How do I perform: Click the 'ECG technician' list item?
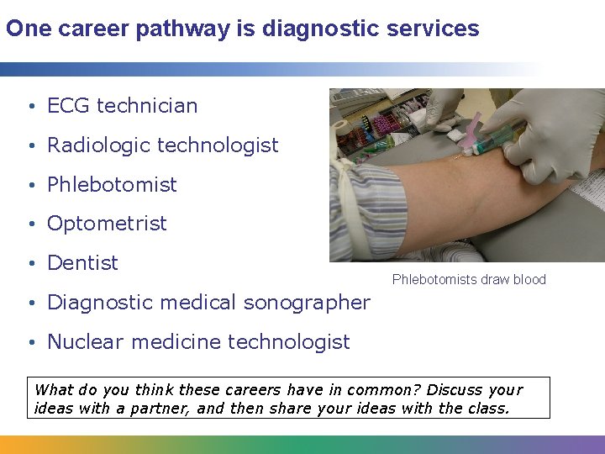[x=122, y=106]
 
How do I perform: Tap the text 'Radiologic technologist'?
[x=162, y=145]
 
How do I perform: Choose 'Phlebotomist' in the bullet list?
[x=112, y=185]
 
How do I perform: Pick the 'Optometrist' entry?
[x=107, y=224]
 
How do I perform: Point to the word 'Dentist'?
[x=82, y=263]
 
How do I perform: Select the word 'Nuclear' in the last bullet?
[x=82, y=342]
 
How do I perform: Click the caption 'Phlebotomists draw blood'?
[x=469, y=280]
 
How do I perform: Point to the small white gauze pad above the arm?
[x=454, y=133]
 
